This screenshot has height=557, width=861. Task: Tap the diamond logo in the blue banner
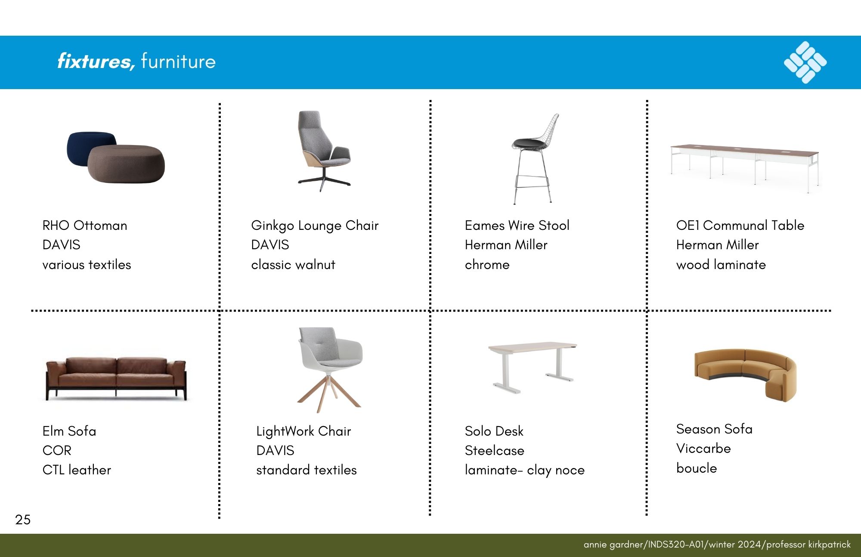(805, 62)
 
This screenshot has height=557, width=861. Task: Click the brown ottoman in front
(126, 164)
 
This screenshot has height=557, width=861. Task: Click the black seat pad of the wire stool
(529, 143)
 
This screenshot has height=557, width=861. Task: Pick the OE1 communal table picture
(745, 167)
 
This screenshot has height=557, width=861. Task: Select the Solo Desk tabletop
(533, 347)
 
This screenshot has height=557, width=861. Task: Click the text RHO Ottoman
(85, 225)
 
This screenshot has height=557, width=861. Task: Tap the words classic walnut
(293, 264)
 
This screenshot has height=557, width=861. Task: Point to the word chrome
(487, 264)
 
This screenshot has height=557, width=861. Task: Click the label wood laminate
(721, 264)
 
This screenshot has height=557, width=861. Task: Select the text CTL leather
(77, 470)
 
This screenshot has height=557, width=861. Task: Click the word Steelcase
(495, 450)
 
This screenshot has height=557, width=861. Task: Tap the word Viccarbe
(703, 448)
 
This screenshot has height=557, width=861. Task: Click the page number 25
(23, 520)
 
